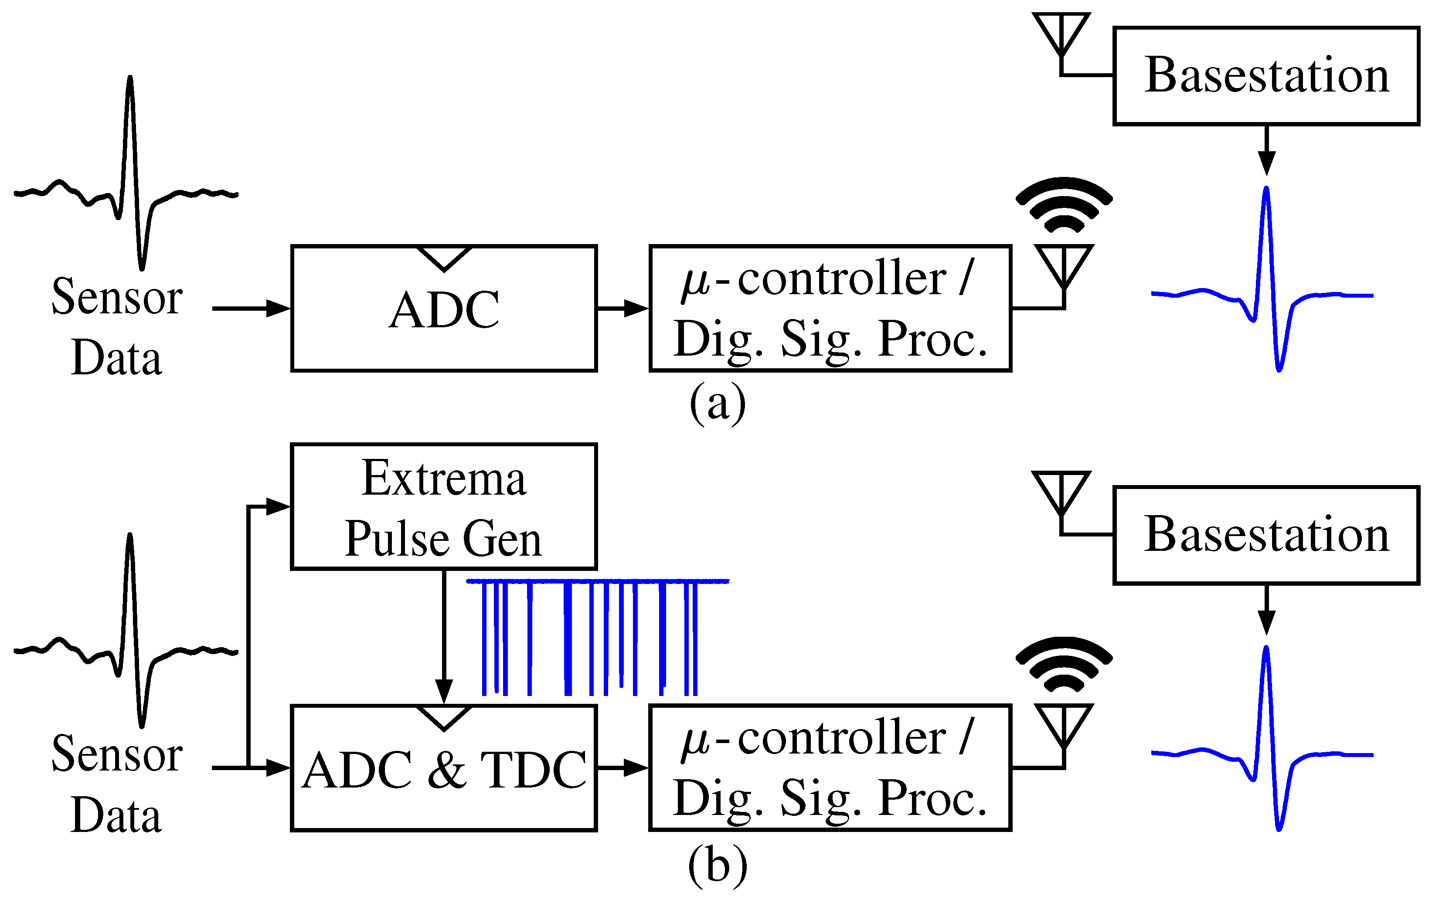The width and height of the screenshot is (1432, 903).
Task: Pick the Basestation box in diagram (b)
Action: (1266, 535)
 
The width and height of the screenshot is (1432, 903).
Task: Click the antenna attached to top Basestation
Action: (1061, 36)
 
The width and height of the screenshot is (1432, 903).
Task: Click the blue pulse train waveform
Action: (595, 636)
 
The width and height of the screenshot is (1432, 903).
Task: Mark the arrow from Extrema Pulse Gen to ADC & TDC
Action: (444, 636)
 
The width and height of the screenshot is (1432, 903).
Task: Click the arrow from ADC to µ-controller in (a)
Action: (622, 309)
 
